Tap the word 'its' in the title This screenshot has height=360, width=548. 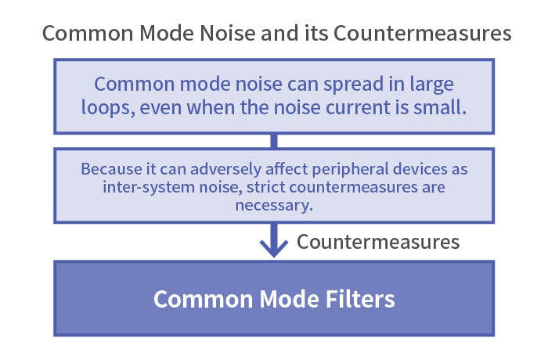[x=317, y=33]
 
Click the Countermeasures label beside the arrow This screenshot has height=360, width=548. [x=378, y=242]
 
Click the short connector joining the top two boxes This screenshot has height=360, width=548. [x=274, y=141]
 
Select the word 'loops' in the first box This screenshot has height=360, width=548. [x=106, y=107]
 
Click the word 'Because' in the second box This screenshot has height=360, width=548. [x=111, y=169]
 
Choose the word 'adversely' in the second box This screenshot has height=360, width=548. [x=225, y=169]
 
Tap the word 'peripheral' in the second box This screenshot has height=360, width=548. [x=350, y=169]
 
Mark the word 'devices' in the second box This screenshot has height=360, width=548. [x=420, y=169]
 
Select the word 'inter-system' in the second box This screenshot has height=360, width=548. [x=149, y=187]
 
